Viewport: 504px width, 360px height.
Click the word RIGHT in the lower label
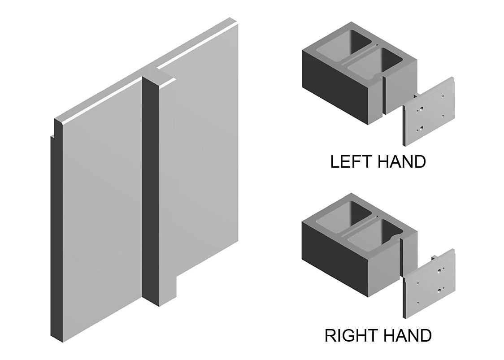pos(351,335)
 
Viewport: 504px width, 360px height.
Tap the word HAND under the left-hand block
pos(401,161)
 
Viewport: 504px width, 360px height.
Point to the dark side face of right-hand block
pos(335,260)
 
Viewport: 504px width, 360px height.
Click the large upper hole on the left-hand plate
pos(421,108)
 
